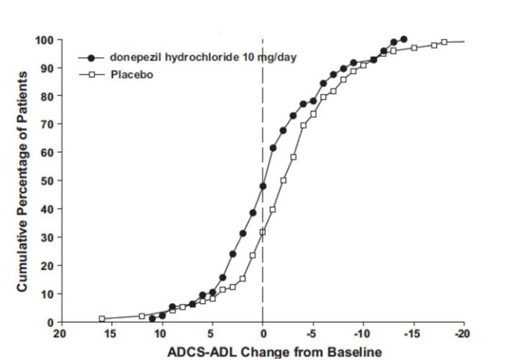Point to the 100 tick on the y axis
coord(45,40)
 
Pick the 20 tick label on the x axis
coord(60,335)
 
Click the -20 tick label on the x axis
coord(463,335)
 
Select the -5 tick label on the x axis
coord(312,335)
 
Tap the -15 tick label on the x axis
coord(413,335)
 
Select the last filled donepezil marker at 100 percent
coord(403,40)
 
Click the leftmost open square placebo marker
coord(102,318)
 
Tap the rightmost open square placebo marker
coord(444,42)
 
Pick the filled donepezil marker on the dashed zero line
coord(263,186)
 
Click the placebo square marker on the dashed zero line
coord(263,232)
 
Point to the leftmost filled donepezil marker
coord(152,318)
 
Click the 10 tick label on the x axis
coord(162,335)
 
